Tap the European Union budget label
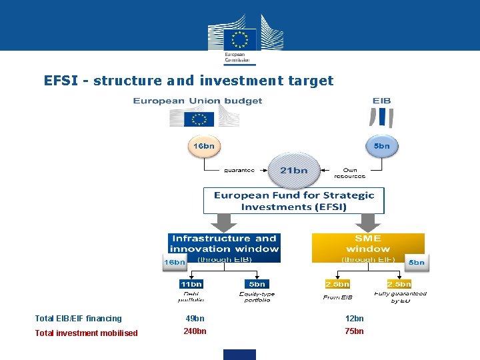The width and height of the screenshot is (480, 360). (197, 101)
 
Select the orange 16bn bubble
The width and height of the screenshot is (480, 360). (203, 145)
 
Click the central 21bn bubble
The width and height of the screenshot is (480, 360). (293, 170)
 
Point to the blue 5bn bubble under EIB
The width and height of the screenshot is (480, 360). (382, 145)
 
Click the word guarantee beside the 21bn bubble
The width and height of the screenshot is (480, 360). (239, 170)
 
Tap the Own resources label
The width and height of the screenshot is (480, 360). (349, 173)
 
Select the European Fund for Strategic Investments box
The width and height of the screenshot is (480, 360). (293, 201)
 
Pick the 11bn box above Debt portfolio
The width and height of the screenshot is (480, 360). (191, 284)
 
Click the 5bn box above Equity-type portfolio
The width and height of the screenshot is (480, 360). (257, 284)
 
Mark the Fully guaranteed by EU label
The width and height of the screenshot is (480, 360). (400, 297)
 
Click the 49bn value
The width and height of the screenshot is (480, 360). (195, 319)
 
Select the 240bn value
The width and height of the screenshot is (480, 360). (195, 331)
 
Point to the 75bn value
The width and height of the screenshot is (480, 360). (354, 331)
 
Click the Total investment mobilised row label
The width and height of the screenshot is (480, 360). (86, 333)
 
